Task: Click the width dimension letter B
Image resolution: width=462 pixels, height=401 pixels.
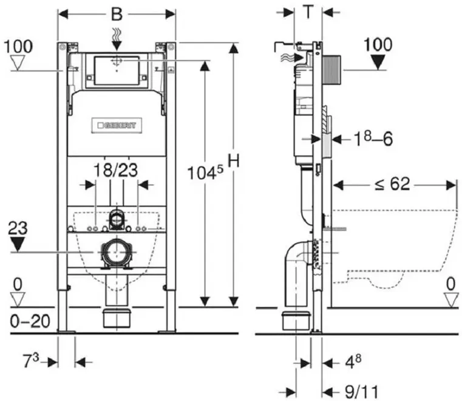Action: [x=117, y=13]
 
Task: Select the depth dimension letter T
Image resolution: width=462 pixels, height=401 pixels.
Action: [x=308, y=12]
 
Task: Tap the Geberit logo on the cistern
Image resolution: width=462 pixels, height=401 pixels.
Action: [x=117, y=126]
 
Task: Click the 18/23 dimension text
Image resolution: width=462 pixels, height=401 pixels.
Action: [x=116, y=170]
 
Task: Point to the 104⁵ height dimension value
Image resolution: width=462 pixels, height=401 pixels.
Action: [x=205, y=172]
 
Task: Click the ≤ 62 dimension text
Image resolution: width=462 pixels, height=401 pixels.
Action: [x=392, y=184]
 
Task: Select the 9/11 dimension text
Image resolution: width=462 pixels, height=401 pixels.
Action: [x=361, y=392]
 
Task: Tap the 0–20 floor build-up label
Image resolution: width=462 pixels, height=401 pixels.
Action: [x=30, y=321]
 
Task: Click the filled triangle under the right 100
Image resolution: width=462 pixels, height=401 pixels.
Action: [x=378, y=63]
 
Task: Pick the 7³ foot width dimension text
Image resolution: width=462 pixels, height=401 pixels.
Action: [x=31, y=360]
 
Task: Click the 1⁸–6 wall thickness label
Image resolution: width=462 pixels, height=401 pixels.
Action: [x=373, y=138]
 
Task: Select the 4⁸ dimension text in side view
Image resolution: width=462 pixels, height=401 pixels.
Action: [x=353, y=362]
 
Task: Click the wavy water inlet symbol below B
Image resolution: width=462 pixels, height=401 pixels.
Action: [x=117, y=35]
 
